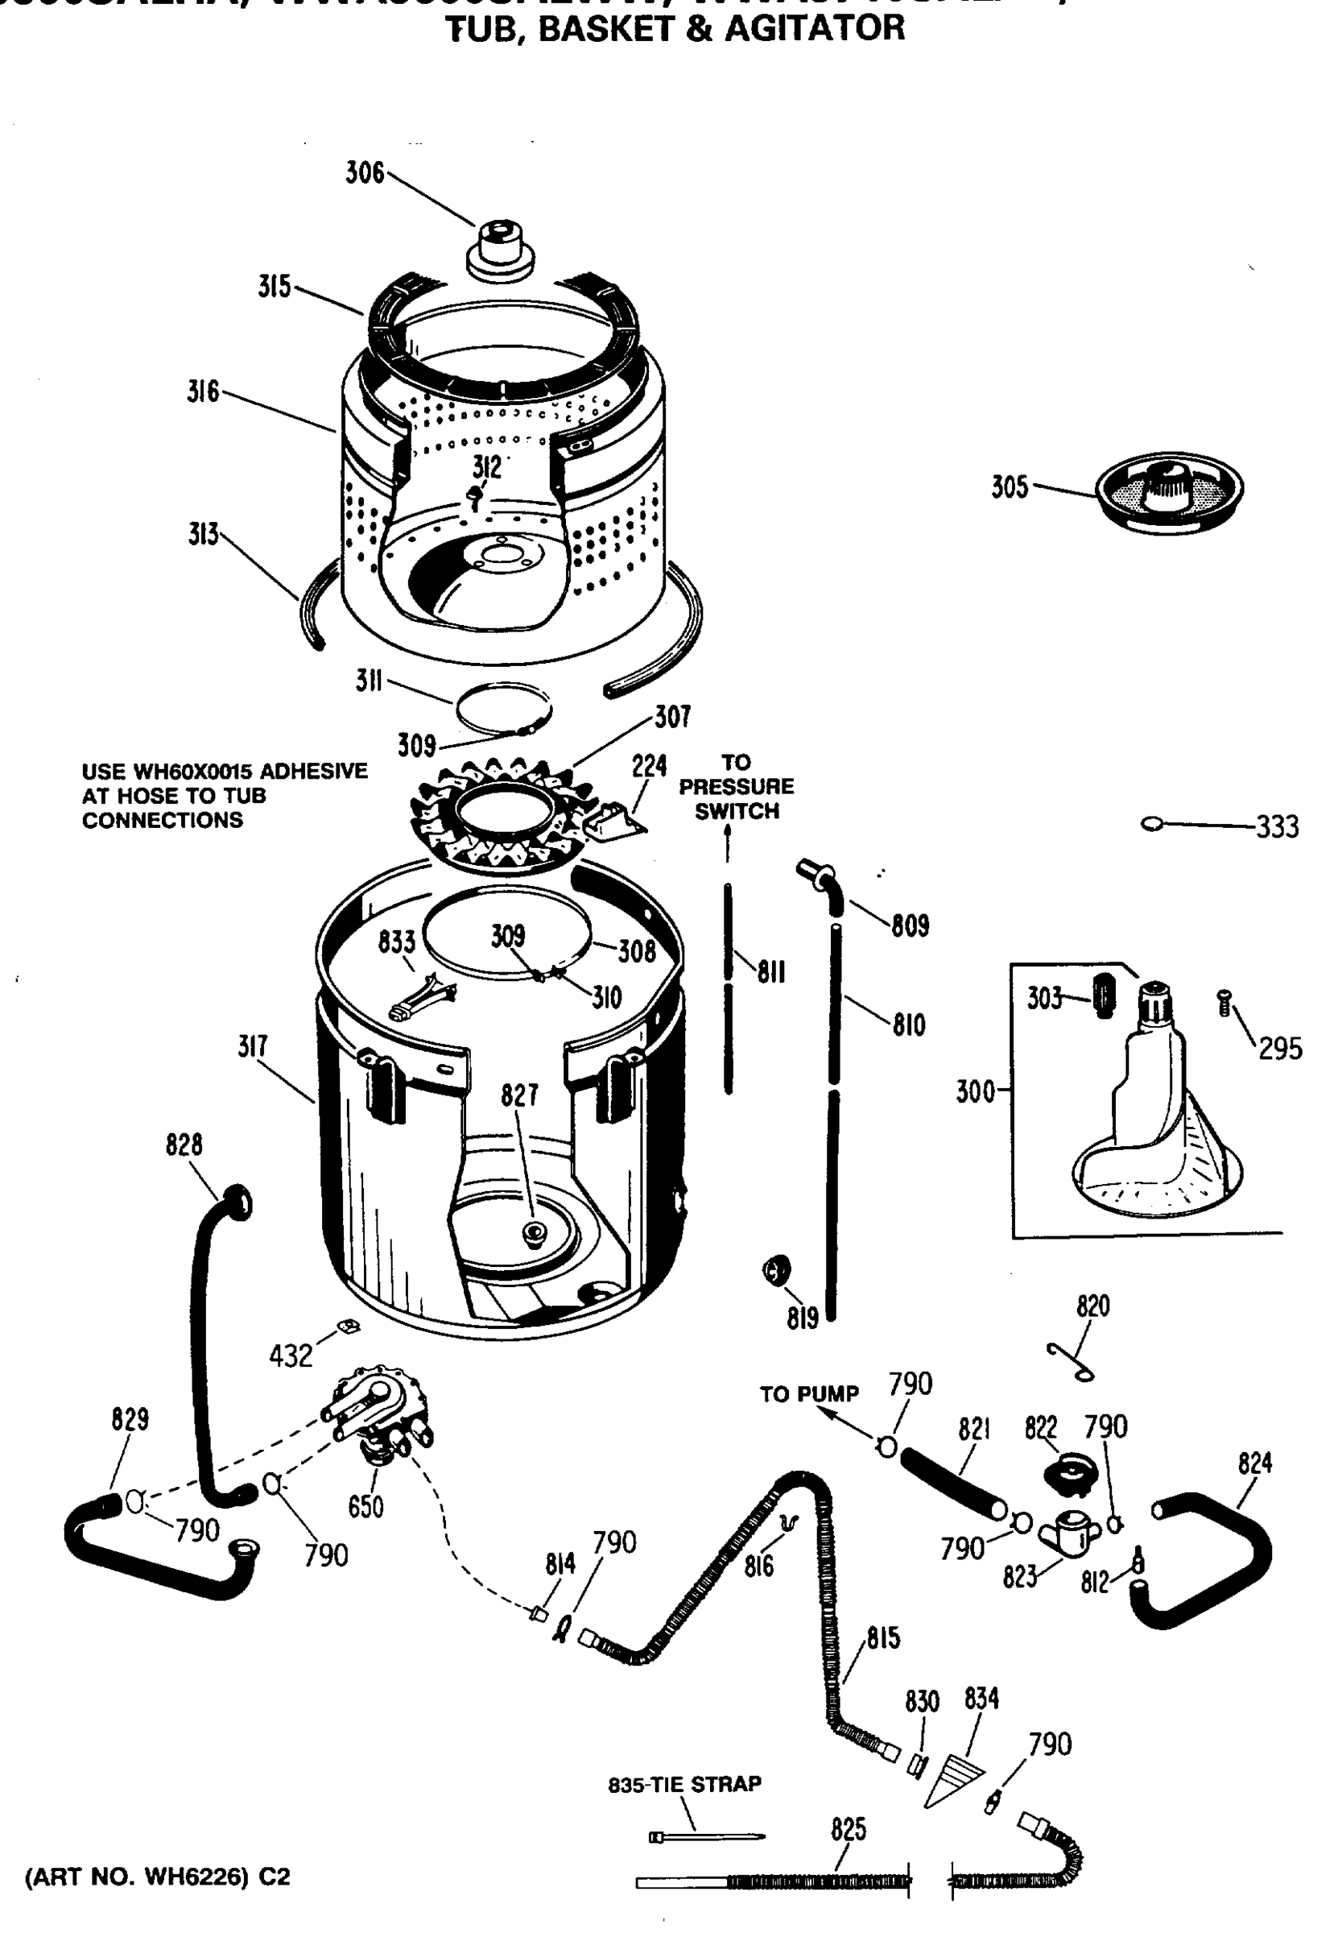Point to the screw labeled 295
[1224, 1002]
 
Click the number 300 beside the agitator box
[975, 1092]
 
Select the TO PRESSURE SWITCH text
[736, 787]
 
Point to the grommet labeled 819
[775, 1271]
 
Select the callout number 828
[184, 1144]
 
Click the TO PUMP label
[809, 1395]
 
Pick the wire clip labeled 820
[1070, 1361]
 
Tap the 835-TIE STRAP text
[684, 1784]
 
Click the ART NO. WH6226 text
[158, 1877]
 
